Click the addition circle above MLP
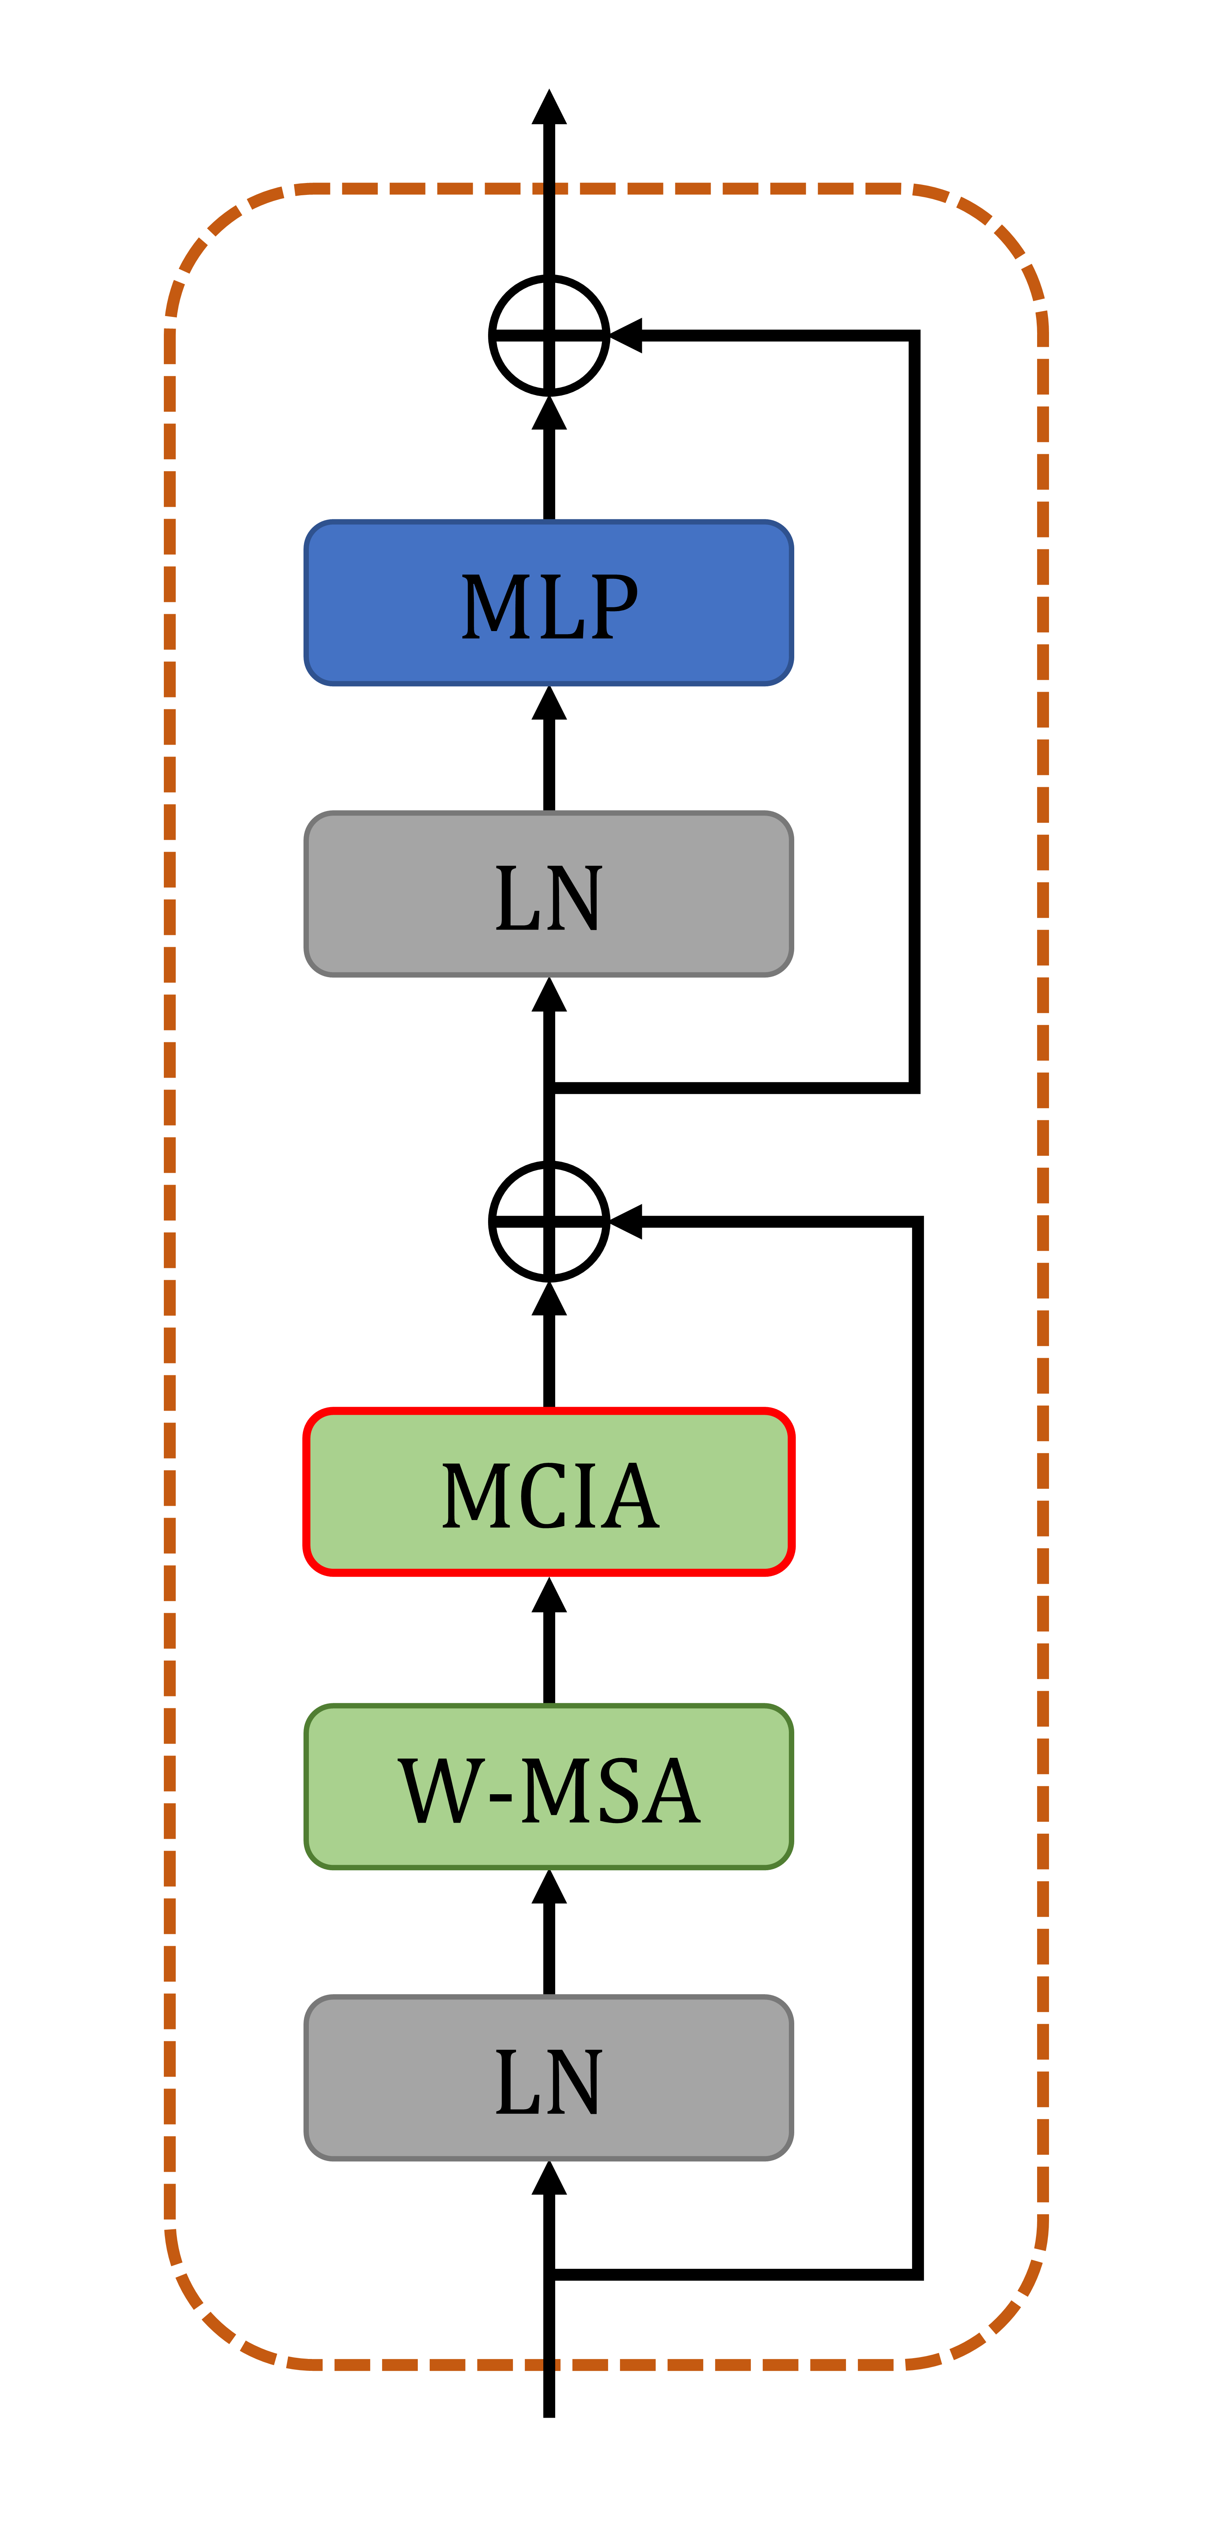(x=549, y=336)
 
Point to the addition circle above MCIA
(x=549, y=1221)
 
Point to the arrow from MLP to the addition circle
(x=549, y=460)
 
